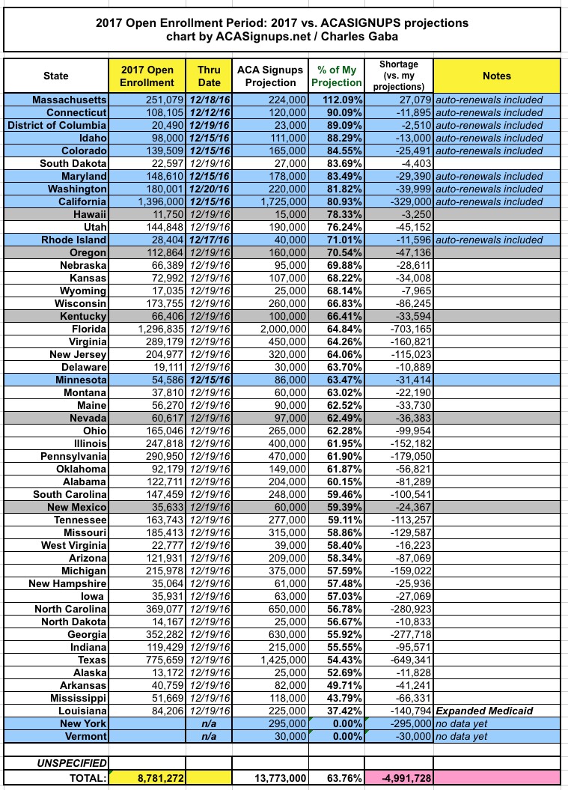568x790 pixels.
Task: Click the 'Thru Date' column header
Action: tap(209, 76)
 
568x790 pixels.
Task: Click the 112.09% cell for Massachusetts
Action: tap(336, 100)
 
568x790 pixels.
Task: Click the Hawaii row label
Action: tap(89, 214)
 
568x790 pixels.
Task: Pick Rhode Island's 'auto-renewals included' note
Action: tap(490, 240)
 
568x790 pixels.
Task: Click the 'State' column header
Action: tap(56, 76)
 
